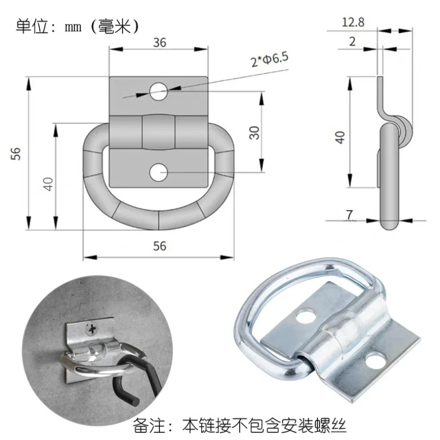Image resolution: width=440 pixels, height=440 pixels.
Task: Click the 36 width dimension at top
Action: (x=160, y=43)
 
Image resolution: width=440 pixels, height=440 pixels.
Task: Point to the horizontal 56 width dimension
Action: (x=159, y=246)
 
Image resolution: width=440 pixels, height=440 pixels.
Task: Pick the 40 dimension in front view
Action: (x=48, y=183)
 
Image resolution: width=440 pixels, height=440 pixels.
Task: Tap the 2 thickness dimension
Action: (x=353, y=42)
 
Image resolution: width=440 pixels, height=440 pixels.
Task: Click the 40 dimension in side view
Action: (x=340, y=137)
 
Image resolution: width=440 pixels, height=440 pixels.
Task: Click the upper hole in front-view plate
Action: (x=159, y=91)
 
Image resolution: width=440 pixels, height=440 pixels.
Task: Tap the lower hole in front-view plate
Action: (x=159, y=172)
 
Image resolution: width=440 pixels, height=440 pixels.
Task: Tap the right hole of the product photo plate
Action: (x=375, y=360)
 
